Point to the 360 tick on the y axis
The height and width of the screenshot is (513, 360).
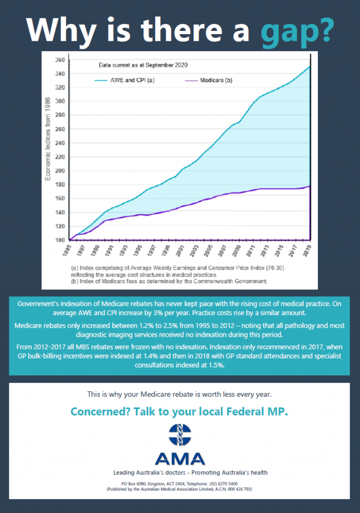[60, 60]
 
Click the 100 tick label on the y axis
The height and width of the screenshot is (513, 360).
[60, 240]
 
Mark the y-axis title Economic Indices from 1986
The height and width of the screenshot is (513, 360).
[48, 139]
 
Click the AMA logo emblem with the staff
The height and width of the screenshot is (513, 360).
[180, 435]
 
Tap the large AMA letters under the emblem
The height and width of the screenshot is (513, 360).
[180, 458]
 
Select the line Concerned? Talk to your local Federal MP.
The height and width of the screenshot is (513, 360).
[179, 412]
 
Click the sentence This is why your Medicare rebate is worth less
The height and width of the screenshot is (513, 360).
[179, 394]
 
